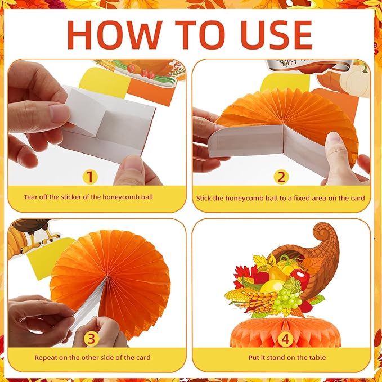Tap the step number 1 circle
point(90,177)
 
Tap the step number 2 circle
point(281,177)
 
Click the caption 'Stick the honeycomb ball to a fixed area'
point(280,198)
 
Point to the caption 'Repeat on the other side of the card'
point(92,357)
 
